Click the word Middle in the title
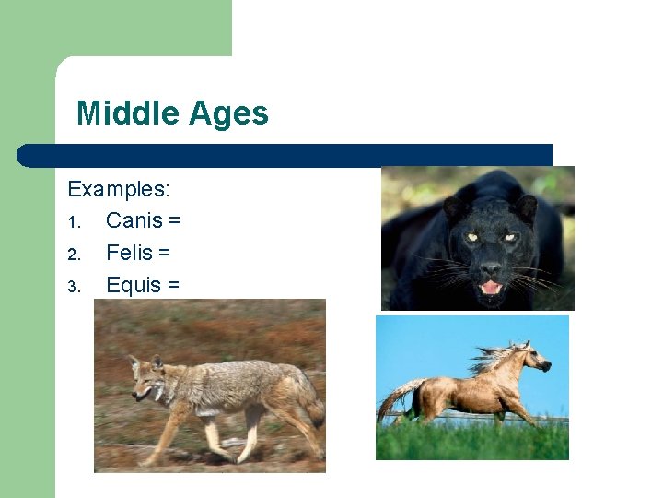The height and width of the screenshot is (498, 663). pos(128,113)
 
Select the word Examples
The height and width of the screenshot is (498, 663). pos(119,189)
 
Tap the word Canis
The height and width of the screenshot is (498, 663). pos(134,221)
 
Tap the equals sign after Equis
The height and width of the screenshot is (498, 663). pos(173,286)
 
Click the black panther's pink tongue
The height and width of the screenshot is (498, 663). pos(492,287)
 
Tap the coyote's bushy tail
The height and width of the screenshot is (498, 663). pos(308,406)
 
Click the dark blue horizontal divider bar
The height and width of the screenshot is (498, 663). pos(285,155)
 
